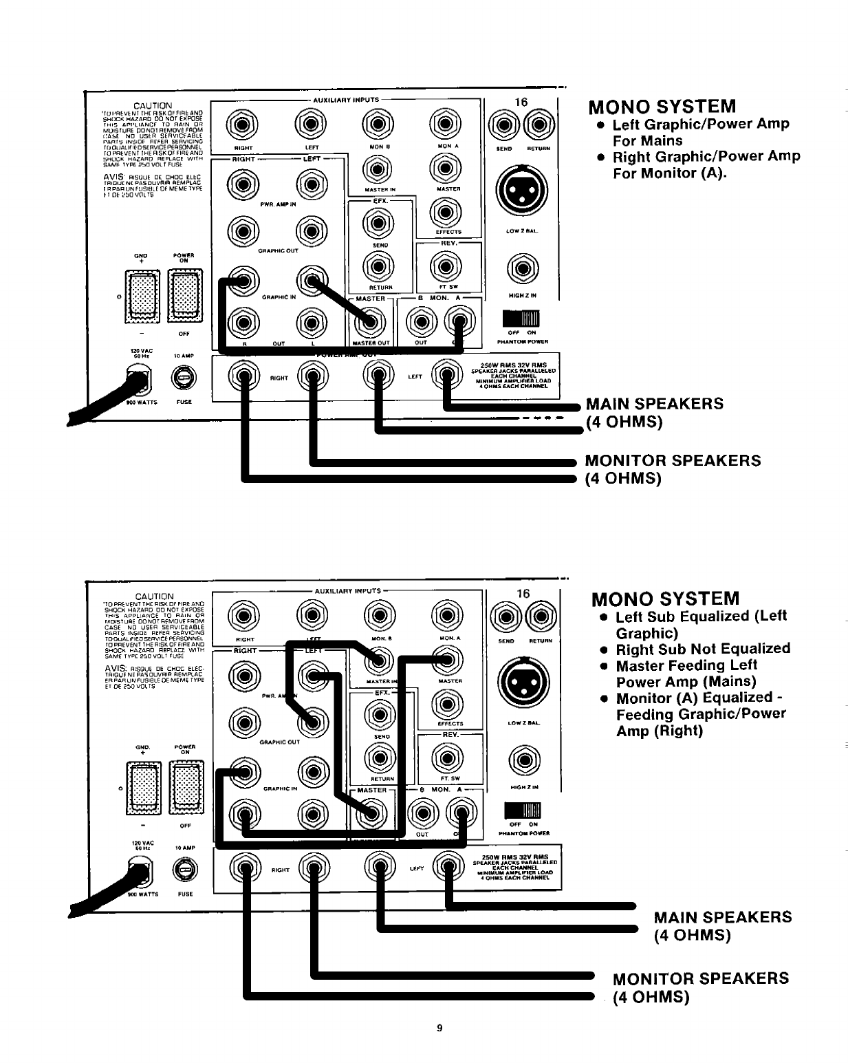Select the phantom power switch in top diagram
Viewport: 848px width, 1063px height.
coord(522,319)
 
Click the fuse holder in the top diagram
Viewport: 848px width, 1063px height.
coord(184,378)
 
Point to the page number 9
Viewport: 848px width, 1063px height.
coord(439,1029)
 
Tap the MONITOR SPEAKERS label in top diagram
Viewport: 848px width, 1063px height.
coord(673,460)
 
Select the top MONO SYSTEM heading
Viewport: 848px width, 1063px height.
coord(662,107)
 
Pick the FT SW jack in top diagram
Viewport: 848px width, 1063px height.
coord(446,267)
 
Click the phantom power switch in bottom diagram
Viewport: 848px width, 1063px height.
coord(523,810)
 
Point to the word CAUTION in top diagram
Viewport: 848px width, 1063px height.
coord(153,106)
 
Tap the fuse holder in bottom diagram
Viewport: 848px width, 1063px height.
coord(184,870)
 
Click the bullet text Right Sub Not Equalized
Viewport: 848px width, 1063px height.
coord(702,649)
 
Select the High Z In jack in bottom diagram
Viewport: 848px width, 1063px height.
coord(523,761)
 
